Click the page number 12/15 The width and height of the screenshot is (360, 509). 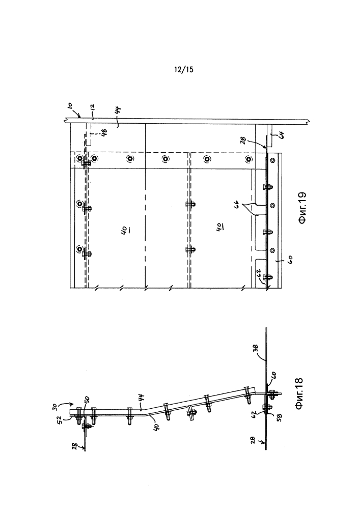point(184,69)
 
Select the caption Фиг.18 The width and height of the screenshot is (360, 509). point(299,394)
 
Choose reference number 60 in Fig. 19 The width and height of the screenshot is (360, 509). point(290,260)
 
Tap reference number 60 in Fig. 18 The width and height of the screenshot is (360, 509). point(272,376)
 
